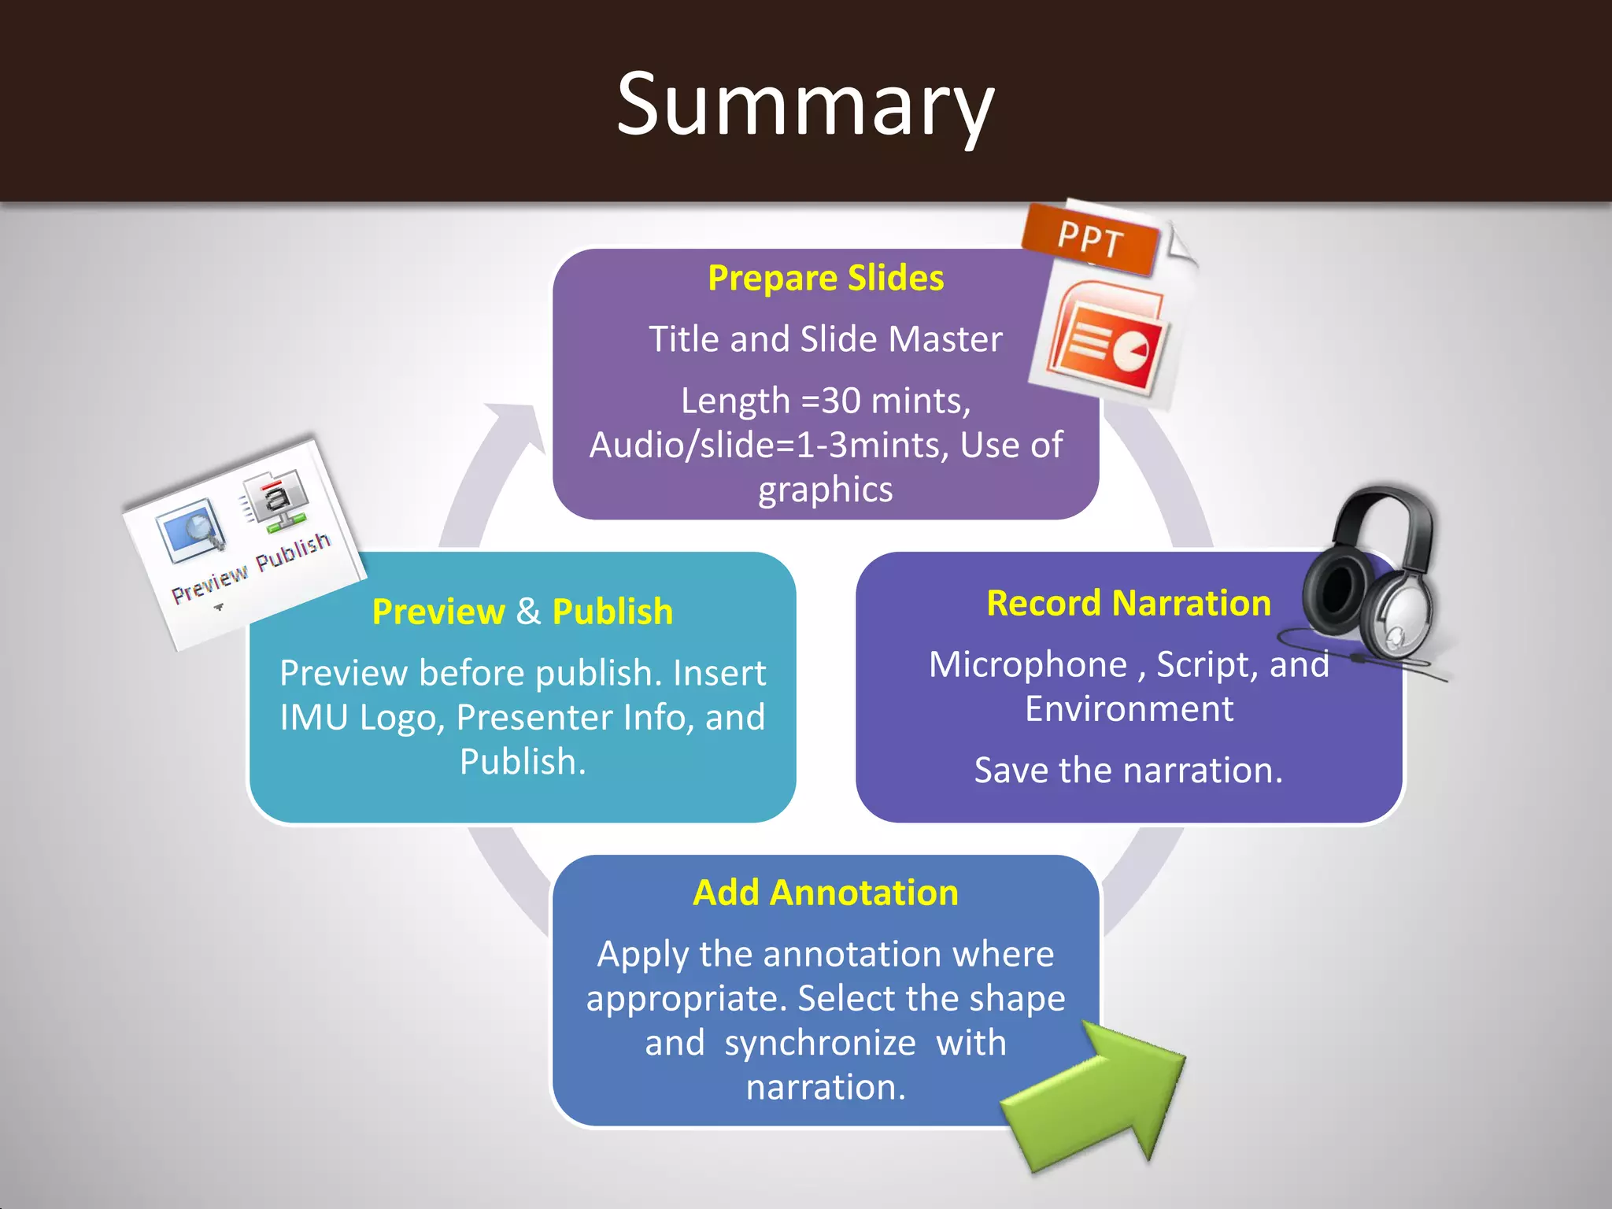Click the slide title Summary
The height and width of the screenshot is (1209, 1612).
[x=805, y=104]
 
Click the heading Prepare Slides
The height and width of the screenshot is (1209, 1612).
[x=826, y=278]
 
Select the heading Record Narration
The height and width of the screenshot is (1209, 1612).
[x=1129, y=603]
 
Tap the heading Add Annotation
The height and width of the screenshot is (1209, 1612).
[x=826, y=893]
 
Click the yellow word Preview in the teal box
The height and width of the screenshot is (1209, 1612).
[x=438, y=612]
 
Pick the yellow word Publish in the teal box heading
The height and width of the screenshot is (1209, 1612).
[x=612, y=612]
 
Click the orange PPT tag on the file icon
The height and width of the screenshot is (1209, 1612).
[x=1090, y=238]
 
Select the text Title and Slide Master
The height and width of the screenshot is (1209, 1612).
[x=826, y=339]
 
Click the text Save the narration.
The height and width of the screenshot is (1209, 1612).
[x=1129, y=770]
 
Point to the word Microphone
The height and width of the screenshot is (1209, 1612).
[x=1028, y=664]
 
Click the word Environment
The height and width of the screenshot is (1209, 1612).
[x=1129, y=709]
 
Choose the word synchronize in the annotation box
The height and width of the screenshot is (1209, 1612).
[x=820, y=1043]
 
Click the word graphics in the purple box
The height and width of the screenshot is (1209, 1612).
[x=826, y=490]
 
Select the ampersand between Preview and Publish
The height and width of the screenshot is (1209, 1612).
[x=529, y=612]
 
